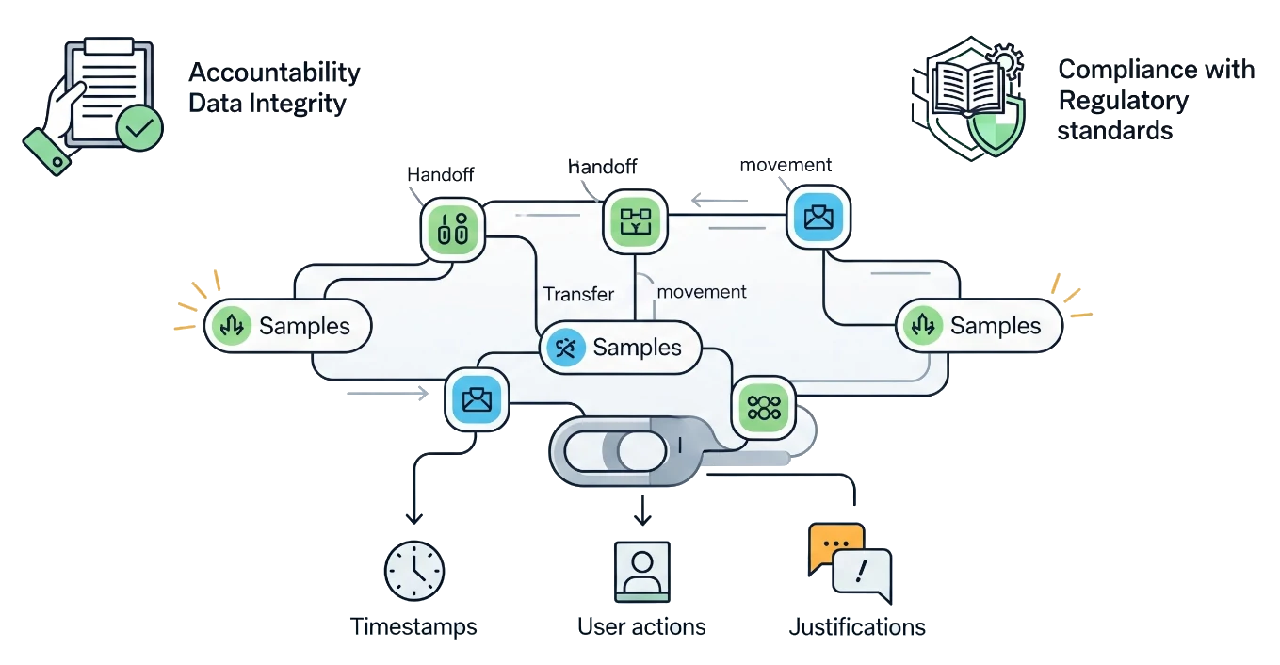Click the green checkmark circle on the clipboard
click(139, 128)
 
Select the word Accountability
click(274, 73)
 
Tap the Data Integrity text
click(267, 103)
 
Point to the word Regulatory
click(1123, 101)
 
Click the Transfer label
click(578, 294)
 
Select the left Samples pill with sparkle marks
click(288, 326)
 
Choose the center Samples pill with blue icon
click(621, 348)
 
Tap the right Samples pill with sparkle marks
click(979, 326)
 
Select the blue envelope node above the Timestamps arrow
click(478, 399)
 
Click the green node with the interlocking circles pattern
click(764, 407)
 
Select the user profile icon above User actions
click(641, 569)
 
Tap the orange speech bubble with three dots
click(834, 546)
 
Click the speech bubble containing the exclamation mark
click(862, 574)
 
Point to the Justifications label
click(857, 627)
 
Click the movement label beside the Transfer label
click(702, 292)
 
